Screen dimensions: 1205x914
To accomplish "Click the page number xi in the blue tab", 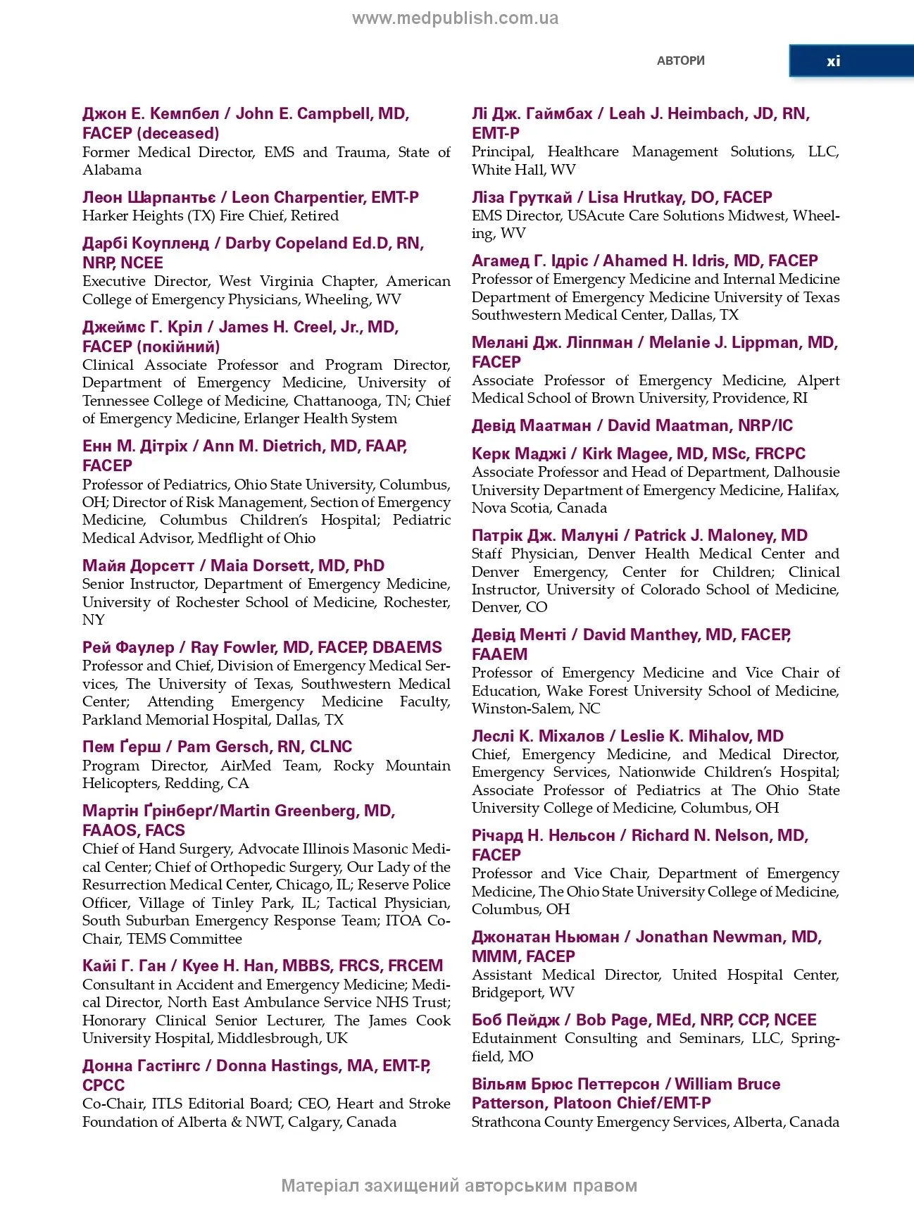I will tap(833, 61).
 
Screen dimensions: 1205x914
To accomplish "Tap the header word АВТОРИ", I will tap(680, 61).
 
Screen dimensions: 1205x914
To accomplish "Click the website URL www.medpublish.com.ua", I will tap(456, 18).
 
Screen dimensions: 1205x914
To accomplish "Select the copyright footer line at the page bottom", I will tap(459, 1185).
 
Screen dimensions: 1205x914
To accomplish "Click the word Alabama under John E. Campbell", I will tap(112, 170).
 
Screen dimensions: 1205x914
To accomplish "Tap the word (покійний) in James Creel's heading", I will tap(178, 346).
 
